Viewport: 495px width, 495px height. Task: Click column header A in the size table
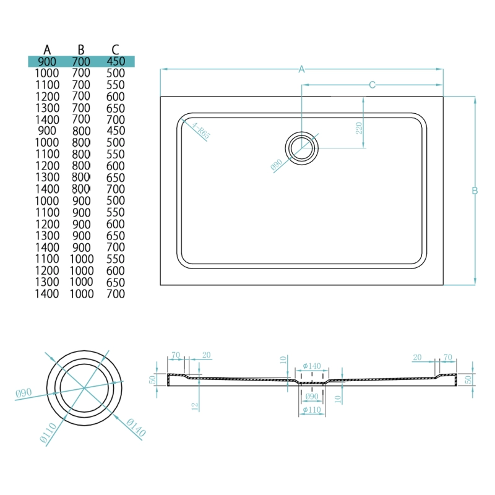coord(48,49)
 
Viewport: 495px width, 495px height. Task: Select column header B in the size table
coord(81,49)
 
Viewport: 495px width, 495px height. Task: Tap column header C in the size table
coord(115,49)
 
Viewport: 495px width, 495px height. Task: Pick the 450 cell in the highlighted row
coord(115,61)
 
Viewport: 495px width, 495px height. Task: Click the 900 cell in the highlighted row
coord(48,61)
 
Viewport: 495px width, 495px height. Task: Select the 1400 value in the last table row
coord(48,294)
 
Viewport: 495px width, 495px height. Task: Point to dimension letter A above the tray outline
coord(302,70)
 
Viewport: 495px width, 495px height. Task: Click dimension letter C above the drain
coord(372,85)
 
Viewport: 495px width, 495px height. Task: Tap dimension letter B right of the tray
coord(475,191)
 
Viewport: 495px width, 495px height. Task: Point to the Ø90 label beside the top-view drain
coord(276,165)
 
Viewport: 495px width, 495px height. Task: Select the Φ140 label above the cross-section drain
coord(311,366)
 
